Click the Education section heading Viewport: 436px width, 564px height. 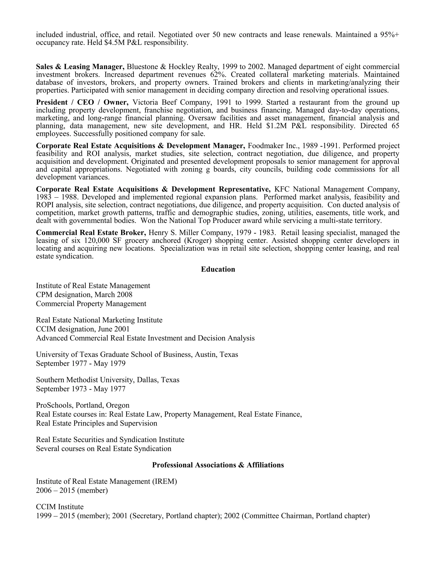(x=218, y=269)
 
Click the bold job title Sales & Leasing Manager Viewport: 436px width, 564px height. (x=80, y=67)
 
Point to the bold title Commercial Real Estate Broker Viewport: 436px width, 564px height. (x=91, y=233)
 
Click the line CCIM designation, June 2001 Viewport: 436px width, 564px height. (x=83, y=329)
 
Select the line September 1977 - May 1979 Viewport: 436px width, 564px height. (x=81, y=363)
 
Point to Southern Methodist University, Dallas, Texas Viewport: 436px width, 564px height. (x=108, y=380)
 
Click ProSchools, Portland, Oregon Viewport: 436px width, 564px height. (x=83, y=405)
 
